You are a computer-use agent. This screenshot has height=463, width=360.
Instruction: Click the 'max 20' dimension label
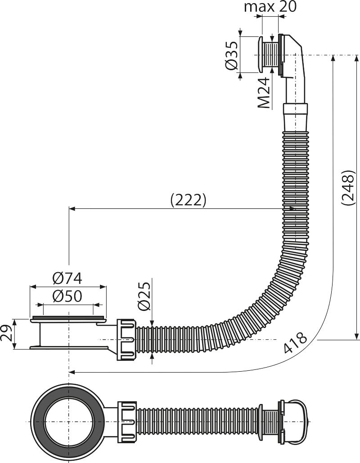coord(270,7)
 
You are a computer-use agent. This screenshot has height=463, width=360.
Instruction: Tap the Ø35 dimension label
coord(231,55)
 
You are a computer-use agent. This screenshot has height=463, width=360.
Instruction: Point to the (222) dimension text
coord(188,200)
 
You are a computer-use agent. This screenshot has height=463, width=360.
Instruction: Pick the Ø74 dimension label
coord(67,278)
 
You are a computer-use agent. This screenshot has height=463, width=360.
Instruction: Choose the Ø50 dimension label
coord(67,296)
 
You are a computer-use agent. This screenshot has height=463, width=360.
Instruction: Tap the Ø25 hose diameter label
coord(144,296)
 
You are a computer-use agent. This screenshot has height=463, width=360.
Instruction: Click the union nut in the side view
coord(127,339)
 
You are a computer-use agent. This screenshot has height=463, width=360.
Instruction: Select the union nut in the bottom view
coord(127,421)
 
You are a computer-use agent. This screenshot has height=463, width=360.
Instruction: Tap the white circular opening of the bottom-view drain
coord(69,421)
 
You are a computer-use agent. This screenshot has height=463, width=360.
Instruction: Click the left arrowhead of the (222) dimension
coord(72,209)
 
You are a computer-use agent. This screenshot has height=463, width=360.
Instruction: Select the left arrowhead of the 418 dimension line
coord(72,373)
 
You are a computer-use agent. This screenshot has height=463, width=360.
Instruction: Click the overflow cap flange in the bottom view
coord(261,421)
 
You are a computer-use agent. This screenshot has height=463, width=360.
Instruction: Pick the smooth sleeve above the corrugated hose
coord(295,117)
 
